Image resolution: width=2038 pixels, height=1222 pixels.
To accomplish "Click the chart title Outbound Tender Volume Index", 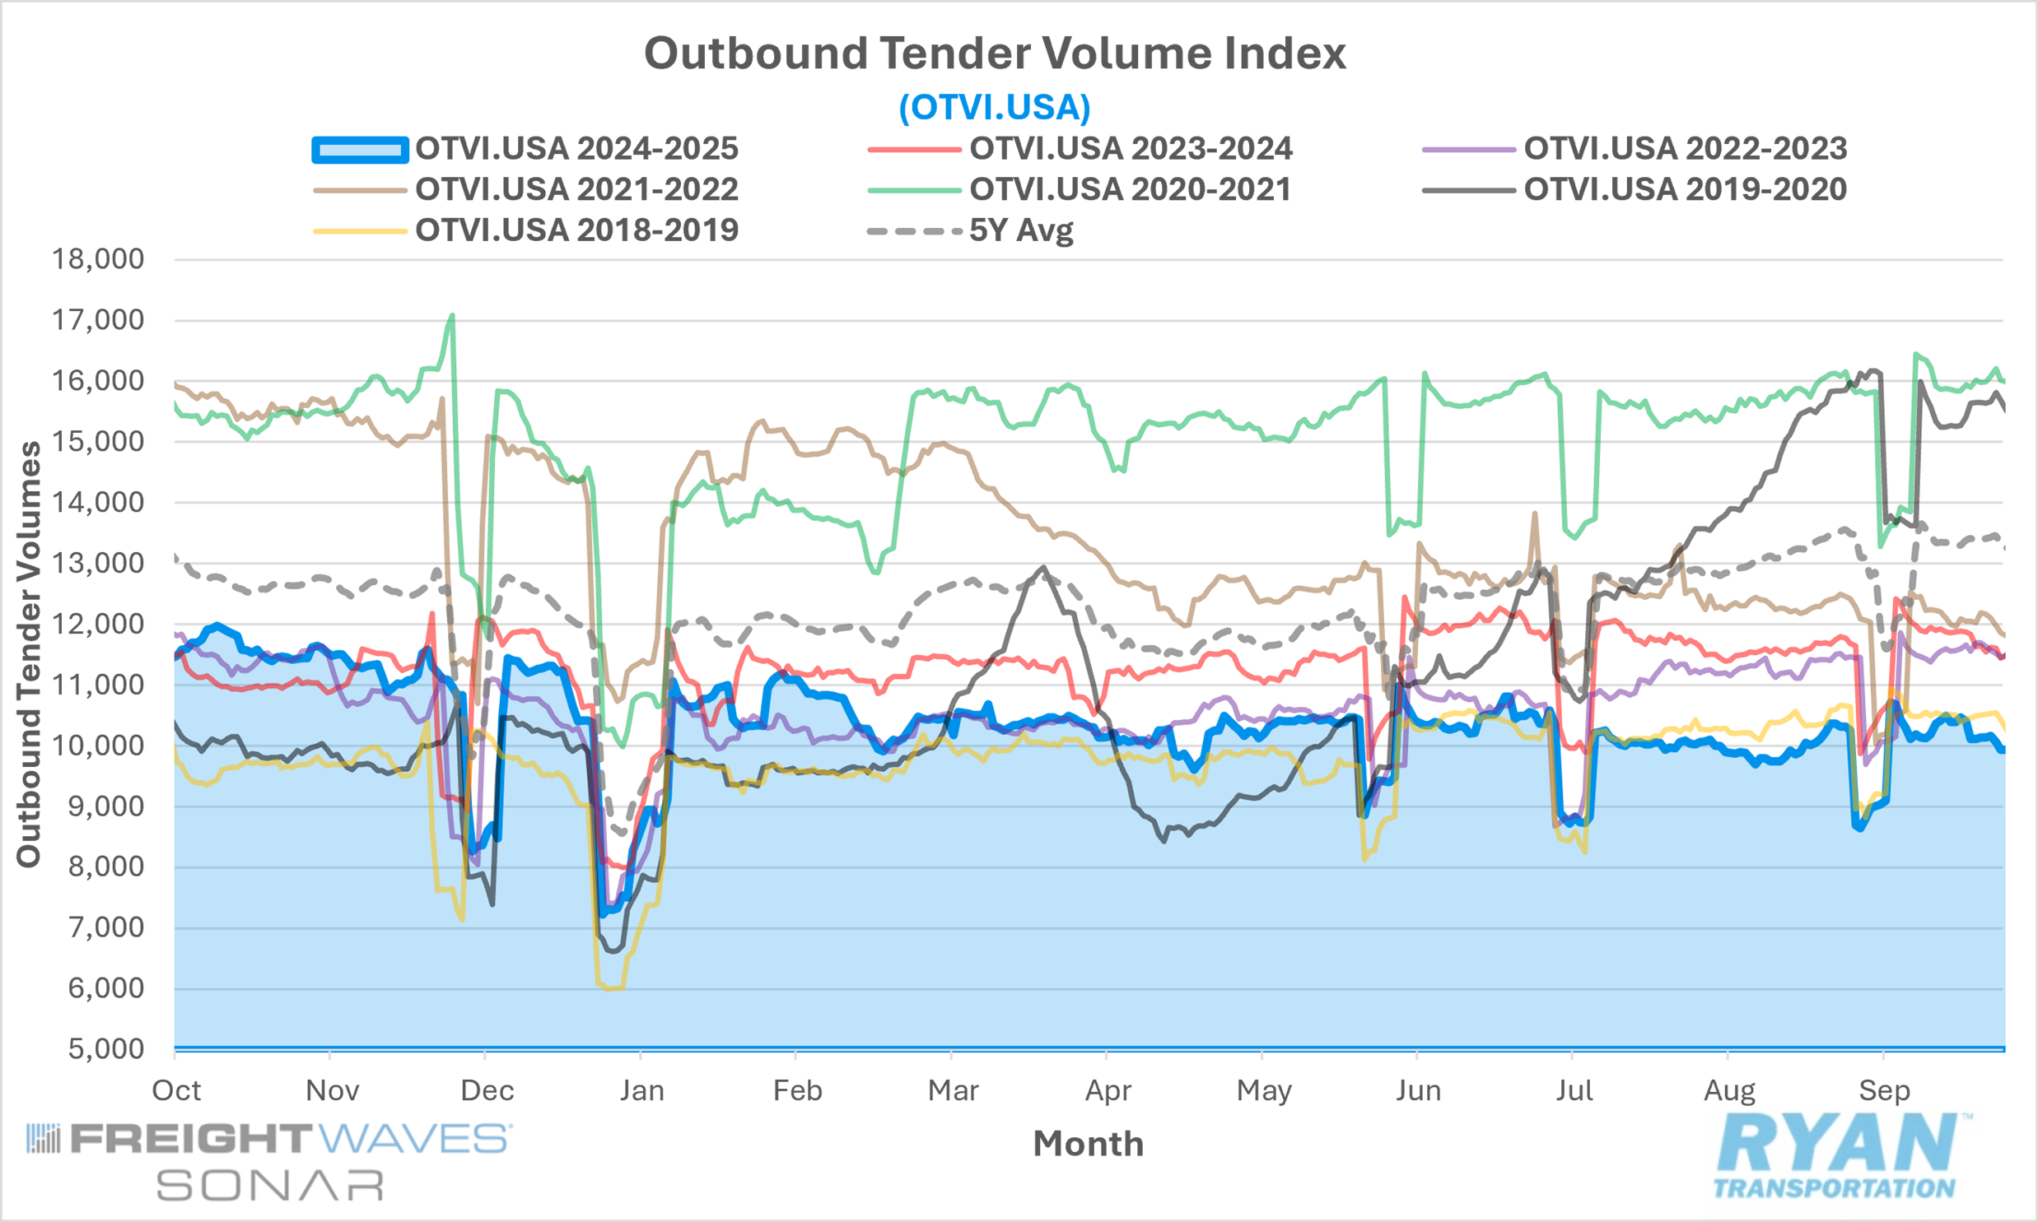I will [x=994, y=53].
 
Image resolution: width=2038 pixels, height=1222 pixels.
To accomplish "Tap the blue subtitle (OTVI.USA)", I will [x=994, y=107].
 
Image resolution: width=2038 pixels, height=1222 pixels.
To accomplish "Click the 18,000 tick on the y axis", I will [x=98, y=259].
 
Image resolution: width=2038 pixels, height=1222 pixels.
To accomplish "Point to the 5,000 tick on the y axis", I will [x=105, y=1049].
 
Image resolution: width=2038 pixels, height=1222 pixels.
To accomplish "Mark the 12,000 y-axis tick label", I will [x=98, y=625].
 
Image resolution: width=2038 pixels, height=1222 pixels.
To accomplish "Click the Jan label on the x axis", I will [x=641, y=1090].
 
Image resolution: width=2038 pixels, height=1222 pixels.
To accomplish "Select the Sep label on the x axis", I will [x=1884, y=1090].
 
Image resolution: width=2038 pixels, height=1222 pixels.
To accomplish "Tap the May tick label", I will [x=1264, y=1090].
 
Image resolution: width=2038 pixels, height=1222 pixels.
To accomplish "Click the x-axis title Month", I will [x=1089, y=1144].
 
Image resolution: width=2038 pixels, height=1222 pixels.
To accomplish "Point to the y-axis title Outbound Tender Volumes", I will [x=30, y=654].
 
